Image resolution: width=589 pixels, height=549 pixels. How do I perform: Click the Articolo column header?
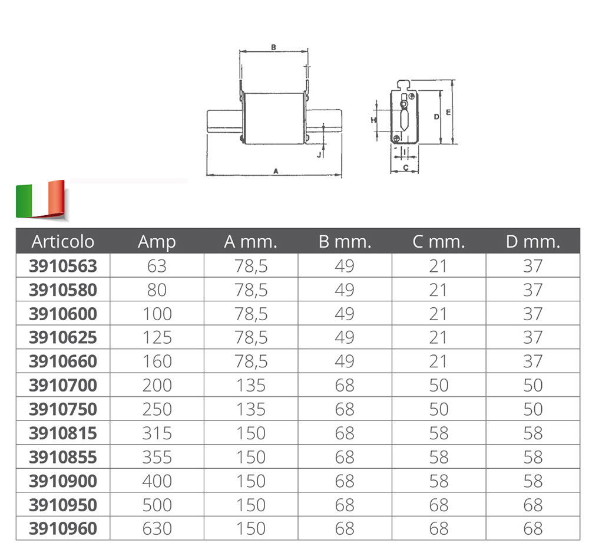point(63,241)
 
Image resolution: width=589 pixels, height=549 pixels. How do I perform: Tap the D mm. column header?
point(532,241)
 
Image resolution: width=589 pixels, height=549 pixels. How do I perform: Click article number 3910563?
point(63,266)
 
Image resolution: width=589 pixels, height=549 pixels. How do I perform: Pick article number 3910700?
point(63,386)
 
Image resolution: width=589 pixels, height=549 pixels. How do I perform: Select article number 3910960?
point(63,529)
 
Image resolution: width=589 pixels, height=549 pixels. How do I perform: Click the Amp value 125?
point(157,338)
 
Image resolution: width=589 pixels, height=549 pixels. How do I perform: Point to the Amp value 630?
point(157,529)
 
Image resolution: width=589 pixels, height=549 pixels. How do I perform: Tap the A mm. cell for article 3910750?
point(251,409)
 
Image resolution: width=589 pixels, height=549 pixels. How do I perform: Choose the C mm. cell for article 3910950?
point(439,505)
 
